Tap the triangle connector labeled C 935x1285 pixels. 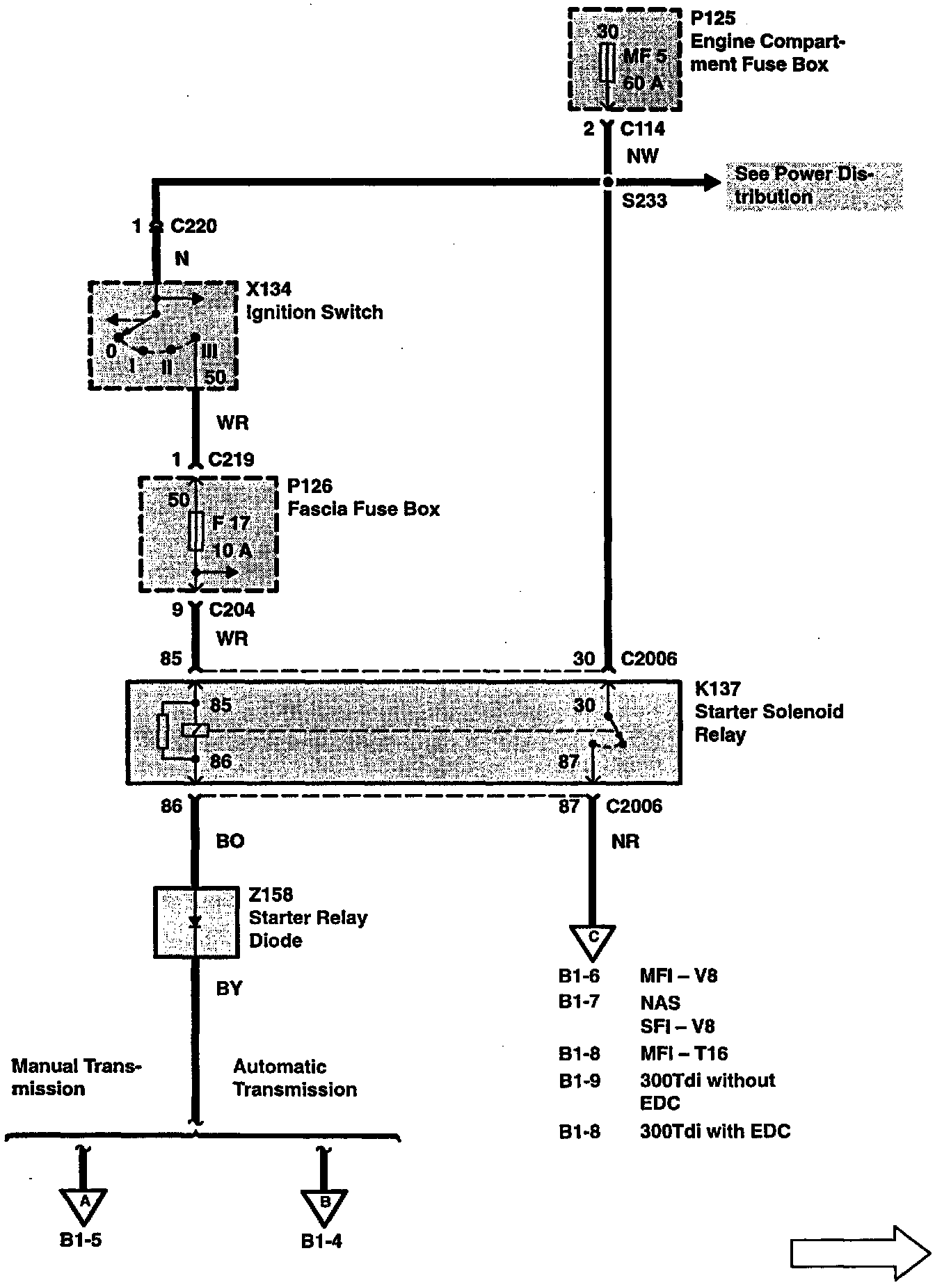point(593,940)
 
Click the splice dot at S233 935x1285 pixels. point(608,182)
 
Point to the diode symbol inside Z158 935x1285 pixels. point(195,922)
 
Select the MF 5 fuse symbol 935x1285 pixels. point(608,63)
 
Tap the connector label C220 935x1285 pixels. point(193,227)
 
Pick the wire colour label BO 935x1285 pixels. point(230,841)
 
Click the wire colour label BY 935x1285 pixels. point(229,988)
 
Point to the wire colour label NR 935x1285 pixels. point(625,841)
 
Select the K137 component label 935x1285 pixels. point(718,689)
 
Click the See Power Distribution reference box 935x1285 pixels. point(814,186)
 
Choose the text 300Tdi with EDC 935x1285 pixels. point(715,1131)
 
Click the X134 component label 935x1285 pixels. point(269,289)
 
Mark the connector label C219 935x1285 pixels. point(232,460)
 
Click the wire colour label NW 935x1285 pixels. point(642,156)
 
